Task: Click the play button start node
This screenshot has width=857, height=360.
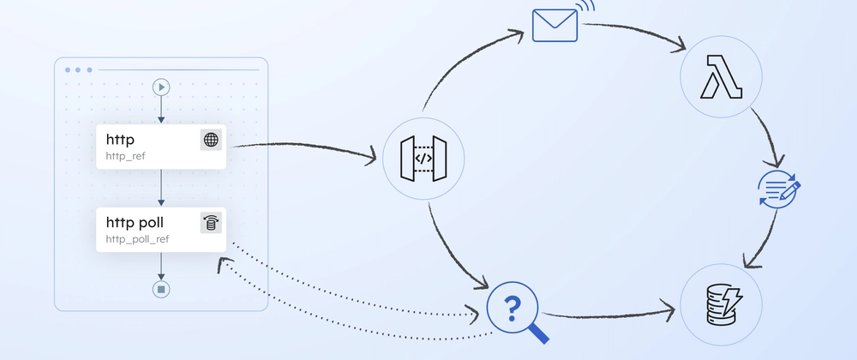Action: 161,87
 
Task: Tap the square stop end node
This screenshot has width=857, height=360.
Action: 161,289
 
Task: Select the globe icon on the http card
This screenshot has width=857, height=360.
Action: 211,140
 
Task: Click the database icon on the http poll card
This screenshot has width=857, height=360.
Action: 211,223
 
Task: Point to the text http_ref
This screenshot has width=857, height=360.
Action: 125,157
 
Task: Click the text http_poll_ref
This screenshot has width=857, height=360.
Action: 137,239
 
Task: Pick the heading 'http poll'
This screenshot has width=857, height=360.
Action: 135,222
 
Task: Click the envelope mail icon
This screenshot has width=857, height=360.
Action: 554,26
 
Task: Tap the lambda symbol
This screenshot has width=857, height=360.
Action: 721,77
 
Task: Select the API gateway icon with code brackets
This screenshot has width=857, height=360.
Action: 423,159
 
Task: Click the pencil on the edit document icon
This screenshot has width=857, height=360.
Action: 790,192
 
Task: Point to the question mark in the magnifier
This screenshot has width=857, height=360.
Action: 512,309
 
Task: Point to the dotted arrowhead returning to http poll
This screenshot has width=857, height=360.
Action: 221,264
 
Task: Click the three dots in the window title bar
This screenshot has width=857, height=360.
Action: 78,70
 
